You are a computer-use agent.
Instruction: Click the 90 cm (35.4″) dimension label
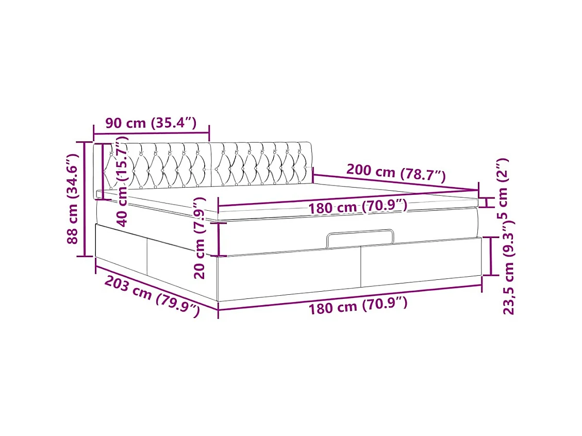pyautogui.click(x=151, y=123)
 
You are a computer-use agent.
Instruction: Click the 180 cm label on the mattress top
pyautogui.click(x=358, y=207)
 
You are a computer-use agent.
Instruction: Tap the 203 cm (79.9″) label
pyautogui.click(x=152, y=296)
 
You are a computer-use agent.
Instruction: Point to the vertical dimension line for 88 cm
pyautogui.click(x=85, y=199)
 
